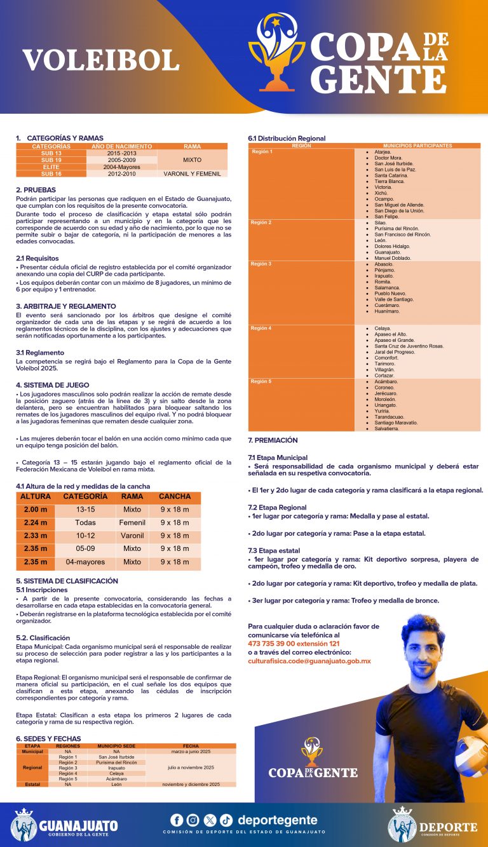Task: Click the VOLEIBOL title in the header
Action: [x=101, y=60]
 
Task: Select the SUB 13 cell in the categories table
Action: [x=51, y=153]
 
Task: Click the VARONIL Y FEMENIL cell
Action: [x=192, y=173]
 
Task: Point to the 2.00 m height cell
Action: [x=36, y=510]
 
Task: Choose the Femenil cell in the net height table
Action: [x=132, y=522]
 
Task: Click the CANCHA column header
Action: [x=175, y=496]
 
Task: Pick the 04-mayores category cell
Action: [x=85, y=562]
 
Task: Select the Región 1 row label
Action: [x=262, y=152]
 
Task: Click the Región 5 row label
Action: [x=261, y=381]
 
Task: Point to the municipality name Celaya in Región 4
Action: [x=383, y=329]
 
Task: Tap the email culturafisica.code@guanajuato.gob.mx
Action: [x=309, y=661]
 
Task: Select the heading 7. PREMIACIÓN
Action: [x=273, y=440]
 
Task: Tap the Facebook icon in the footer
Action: [x=177, y=820]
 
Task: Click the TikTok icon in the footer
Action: [x=226, y=820]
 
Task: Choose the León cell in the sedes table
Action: [x=116, y=784]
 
